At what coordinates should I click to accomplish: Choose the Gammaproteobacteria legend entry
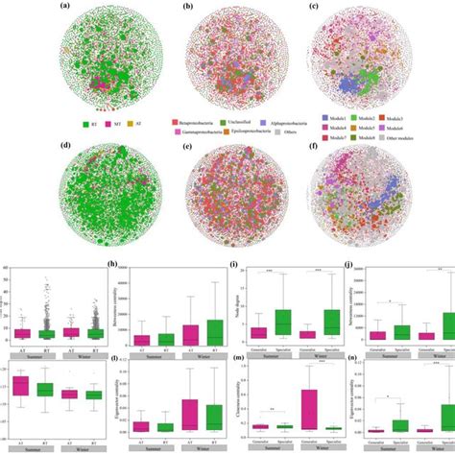tap(196, 131)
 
